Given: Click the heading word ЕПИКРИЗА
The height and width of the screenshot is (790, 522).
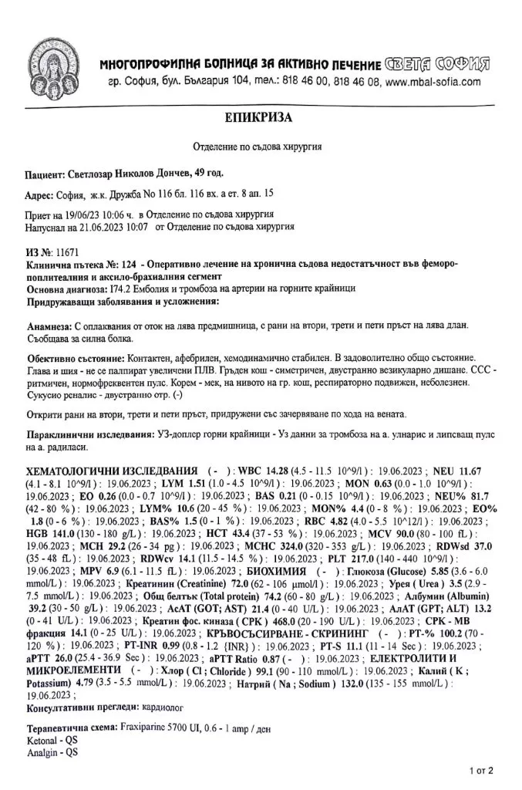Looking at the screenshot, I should click(x=261, y=117).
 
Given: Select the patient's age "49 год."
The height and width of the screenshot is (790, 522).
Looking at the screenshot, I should click(x=210, y=174).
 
